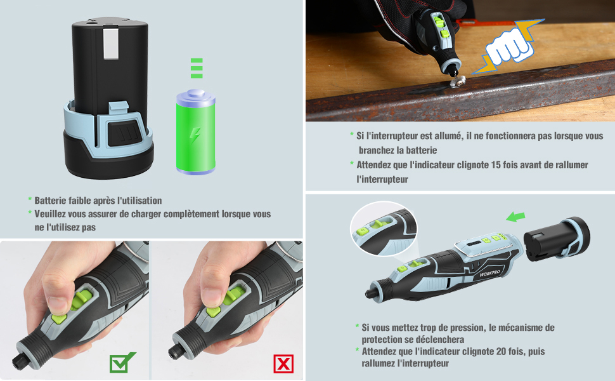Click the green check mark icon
tap(122, 363)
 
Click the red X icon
tap(283, 363)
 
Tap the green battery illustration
tap(196, 132)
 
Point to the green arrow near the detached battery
tap(515, 217)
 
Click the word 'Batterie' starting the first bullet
tap(50, 201)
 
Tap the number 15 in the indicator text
tap(496, 165)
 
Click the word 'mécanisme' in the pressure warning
tap(526, 328)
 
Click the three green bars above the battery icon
tap(197, 69)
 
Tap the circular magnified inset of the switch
tap(383, 229)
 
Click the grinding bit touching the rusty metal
tap(457, 81)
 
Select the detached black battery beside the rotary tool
tap(557, 239)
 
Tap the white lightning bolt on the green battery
tap(195, 136)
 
